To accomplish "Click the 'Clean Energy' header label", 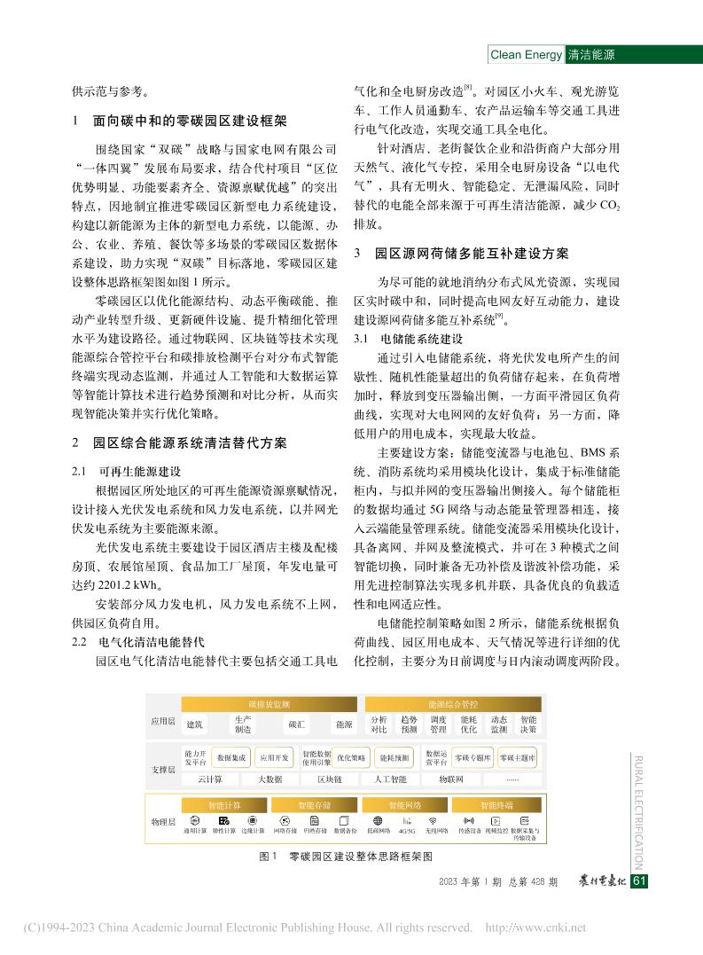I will [x=526, y=55].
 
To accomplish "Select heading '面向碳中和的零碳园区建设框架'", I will [x=191, y=121].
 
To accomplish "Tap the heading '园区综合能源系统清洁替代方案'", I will [x=191, y=442].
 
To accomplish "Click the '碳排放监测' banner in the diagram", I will [x=269, y=703].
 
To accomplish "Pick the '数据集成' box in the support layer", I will [x=230, y=759].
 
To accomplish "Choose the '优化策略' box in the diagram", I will [x=351, y=759].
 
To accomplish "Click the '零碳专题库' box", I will [x=472, y=759].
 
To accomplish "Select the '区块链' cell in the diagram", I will [x=328, y=779].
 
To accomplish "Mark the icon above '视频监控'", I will [x=496, y=821].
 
